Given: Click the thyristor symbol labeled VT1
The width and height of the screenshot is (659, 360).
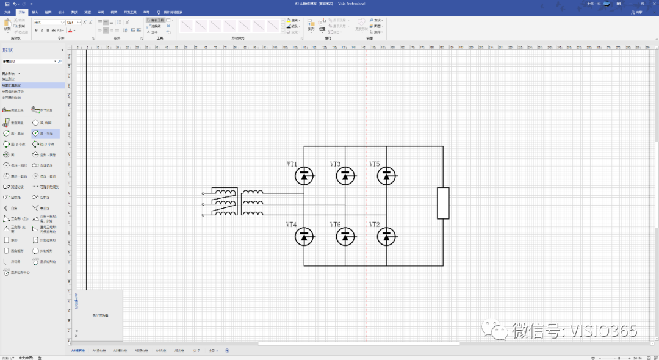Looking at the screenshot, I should coord(304,176).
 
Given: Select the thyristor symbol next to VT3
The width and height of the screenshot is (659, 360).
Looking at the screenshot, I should coord(346,176).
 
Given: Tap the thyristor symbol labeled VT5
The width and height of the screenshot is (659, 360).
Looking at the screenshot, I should coord(386,176).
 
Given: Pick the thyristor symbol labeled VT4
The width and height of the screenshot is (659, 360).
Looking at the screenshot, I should coord(304,237).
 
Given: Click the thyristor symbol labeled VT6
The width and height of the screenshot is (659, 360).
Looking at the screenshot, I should coord(346,237).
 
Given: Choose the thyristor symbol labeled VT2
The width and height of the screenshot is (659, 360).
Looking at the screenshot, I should coord(386,237).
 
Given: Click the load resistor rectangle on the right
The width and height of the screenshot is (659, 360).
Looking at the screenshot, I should coord(443,203).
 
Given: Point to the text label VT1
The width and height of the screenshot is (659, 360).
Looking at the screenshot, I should coord(292,164).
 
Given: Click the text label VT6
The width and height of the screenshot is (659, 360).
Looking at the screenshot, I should coord(335,225).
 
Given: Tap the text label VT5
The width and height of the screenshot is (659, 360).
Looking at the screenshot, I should coord(374,164).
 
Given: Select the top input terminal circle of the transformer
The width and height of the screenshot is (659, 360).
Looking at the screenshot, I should coord(203,193).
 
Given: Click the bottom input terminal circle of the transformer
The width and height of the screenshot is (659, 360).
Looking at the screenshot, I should coord(203,215).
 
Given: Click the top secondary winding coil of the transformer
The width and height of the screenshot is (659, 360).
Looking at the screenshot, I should coord(253,193).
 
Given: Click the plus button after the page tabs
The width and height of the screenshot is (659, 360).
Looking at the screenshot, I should coord(228,351).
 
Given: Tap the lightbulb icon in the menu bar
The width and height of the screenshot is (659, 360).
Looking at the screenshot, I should coord(159,12).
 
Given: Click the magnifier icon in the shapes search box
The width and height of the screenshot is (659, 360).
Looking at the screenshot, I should coord(60,62).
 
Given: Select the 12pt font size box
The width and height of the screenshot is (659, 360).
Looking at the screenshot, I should coord(72,22).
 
